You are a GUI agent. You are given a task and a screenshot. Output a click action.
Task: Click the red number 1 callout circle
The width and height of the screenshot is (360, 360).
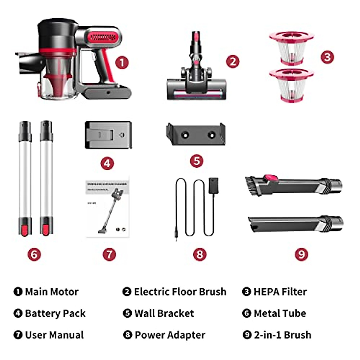[122, 63]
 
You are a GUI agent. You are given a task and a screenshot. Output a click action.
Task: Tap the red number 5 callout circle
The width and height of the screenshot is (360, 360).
[196, 161]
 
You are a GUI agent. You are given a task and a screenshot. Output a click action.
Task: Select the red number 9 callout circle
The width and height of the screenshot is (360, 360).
[301, 254]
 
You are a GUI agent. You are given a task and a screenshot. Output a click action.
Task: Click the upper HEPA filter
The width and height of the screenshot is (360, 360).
[291, 48]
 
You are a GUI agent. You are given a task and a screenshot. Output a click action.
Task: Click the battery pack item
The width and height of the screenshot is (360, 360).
[108, 135]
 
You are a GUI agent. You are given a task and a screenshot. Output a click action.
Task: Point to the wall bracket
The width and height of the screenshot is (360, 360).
[196, 134]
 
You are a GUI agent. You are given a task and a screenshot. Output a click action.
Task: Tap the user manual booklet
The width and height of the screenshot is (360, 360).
[108, 207]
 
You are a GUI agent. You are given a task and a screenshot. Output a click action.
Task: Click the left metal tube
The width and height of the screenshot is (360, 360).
[25, 178]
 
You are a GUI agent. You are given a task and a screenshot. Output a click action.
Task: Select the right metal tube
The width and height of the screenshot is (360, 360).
[46, 178]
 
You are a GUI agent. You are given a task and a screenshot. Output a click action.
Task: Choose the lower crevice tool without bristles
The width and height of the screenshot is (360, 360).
[294, 223]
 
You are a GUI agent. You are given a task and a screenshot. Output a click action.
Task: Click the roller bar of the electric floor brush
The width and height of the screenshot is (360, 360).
[196, 94]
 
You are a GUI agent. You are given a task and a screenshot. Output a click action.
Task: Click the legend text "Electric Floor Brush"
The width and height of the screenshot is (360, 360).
[180, 292]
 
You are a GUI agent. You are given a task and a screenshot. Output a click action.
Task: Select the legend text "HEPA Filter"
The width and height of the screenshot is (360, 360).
[280, 292]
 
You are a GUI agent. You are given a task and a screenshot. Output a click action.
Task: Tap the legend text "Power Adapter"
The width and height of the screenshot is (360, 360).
[170, 335]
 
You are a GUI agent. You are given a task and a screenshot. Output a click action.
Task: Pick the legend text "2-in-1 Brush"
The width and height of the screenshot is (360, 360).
[282, 335]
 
